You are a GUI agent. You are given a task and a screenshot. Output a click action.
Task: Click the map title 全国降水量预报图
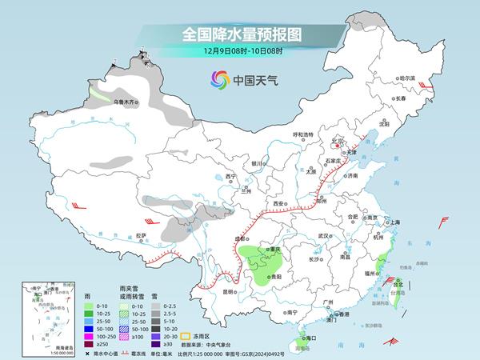click(x=239, y=34)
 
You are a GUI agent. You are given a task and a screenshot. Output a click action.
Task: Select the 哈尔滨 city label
click(x=407, y=78)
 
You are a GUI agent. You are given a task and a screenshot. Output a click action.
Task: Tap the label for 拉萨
click(x=141, y=235)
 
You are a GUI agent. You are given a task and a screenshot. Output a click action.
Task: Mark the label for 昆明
click(x=230, y=291)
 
